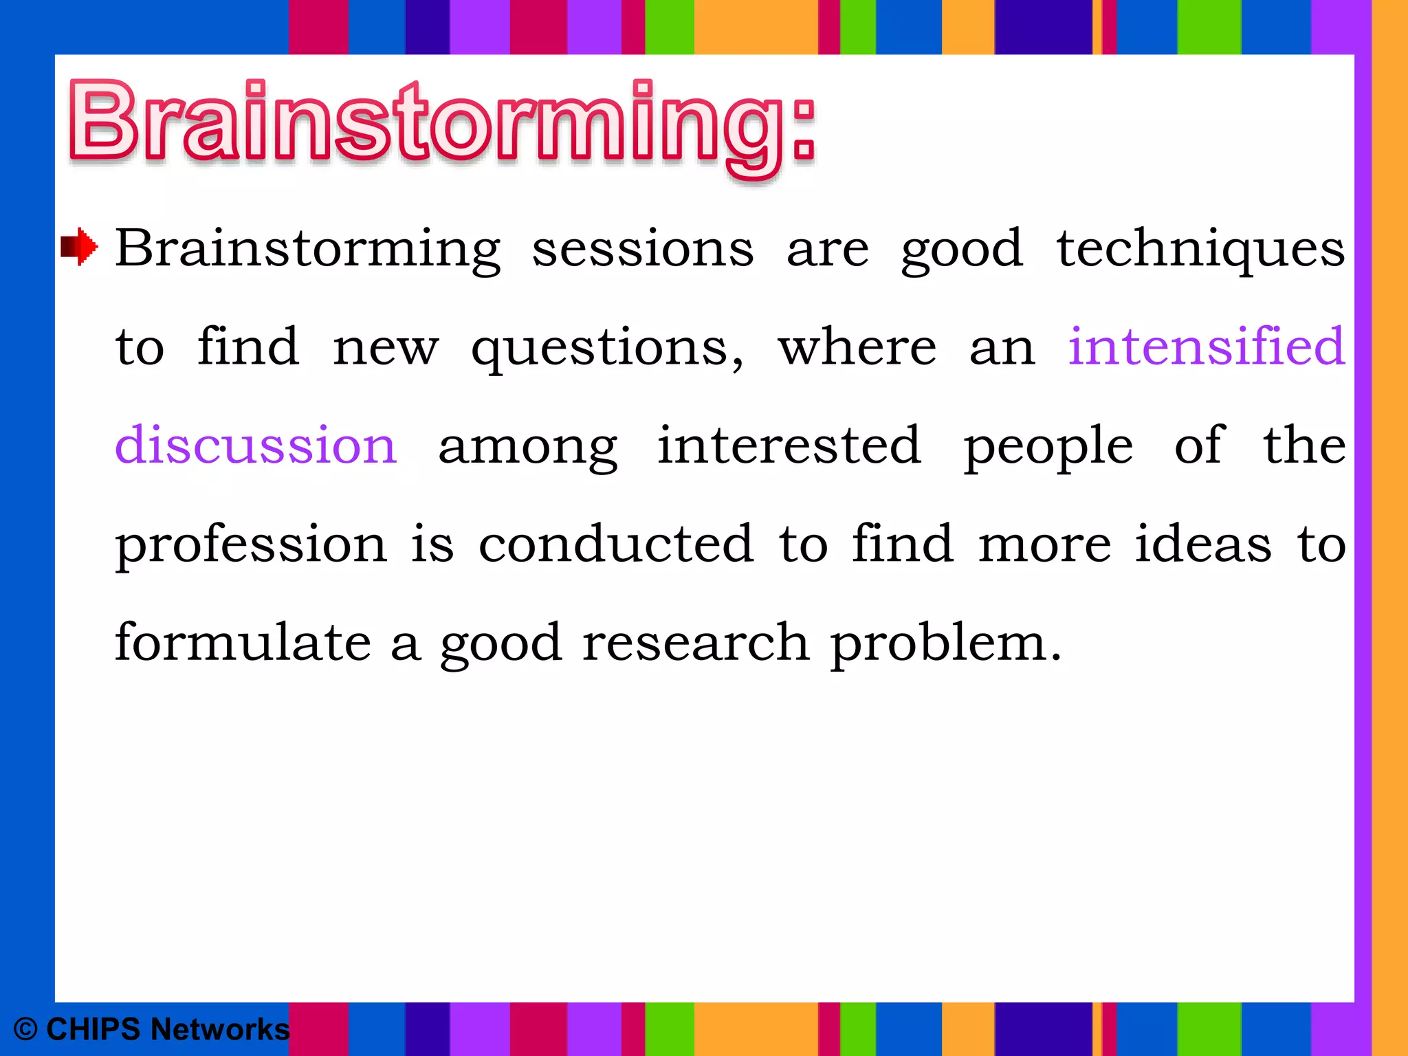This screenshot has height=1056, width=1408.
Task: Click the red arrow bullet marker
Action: point(79,246)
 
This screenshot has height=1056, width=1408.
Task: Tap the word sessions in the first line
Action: point(643,249)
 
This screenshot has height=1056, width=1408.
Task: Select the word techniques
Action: point(1200,249)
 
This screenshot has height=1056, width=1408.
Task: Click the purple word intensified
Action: point(1206,346)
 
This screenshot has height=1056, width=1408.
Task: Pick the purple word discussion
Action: point(256,445)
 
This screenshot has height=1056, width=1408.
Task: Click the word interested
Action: point(789,445)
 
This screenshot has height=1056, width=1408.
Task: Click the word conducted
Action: point(616,544)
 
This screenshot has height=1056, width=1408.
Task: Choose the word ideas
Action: point(1203,544)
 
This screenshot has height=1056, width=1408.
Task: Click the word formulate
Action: point(243,642)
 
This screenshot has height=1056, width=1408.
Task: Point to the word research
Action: point(696,642)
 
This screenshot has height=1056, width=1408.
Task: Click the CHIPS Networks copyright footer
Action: point(151,1029)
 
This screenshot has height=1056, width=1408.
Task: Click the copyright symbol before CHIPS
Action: point(25,1030)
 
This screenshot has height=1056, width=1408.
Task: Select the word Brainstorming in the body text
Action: point(308,249)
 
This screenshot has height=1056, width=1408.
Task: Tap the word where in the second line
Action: point(857,346)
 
